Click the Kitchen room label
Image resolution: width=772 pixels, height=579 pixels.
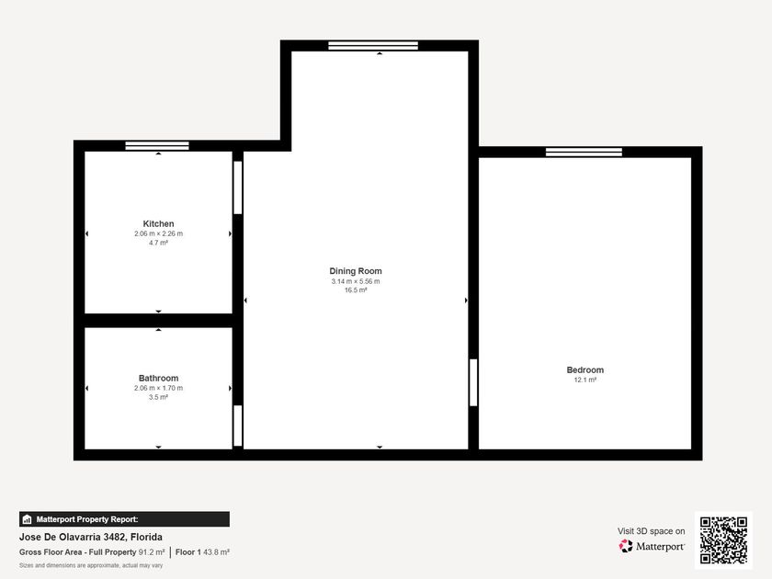pyautogui.click(x=158, y=223)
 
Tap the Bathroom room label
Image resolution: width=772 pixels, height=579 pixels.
pyautogui.click(x=158, y=378)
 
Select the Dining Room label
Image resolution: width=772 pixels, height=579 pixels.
pyautogui.click(x=356, y=271)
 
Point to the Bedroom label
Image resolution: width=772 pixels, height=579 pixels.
pyautogui.click(x=585, y=369)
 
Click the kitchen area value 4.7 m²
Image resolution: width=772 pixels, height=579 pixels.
pyautogui.click(x=158, y=243)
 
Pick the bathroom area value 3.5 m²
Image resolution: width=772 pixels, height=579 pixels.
pyautogui.click(x=158, y=397)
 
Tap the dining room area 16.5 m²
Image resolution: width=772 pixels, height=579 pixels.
pyautogui.click(x=356, y=290)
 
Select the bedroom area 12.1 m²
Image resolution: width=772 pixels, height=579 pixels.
pyautogui.click(x=585, y=380)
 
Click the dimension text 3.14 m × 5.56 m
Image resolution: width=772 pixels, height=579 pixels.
pyautogui.click(x=356, y=281)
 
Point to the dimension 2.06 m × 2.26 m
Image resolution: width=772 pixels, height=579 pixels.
pyautogui.click(x=158, y=233)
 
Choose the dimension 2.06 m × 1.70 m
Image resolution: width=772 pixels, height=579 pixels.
pyautogui.click(x=158, y=388)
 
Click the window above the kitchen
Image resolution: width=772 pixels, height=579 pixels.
pyautogui.click(x=157, y=146)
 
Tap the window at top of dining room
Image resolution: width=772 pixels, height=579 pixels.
pyautogui.click(x=373, y=46)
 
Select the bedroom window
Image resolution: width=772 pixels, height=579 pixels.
pyautogui.click(x=584, y=153)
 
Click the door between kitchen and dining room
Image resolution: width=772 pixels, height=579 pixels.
pyautogui.click(x=238, y=187)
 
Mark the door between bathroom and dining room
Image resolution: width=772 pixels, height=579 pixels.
pyautogui.click(x=238, y=426)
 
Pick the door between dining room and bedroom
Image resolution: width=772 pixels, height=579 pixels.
pyautogui.click(x=473, y=382)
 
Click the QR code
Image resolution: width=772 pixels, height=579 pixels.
pyautogui.click(x=723, y=540)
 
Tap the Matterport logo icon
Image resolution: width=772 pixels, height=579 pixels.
pyautogui.click(x=626, y=546)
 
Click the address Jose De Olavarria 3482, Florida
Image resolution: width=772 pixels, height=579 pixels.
pyautogui.click(x=91, y=537)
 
